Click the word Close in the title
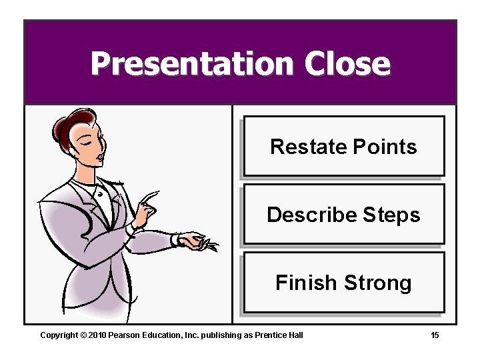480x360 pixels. tap(347, 64)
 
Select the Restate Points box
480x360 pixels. tap(343, 146)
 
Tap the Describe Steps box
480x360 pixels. tap(343, 214)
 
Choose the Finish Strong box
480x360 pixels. tap(343, 283)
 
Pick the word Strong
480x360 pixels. tap(377, 283)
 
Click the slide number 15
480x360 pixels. tap(435, 335)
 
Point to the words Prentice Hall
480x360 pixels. tap(280, 335)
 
